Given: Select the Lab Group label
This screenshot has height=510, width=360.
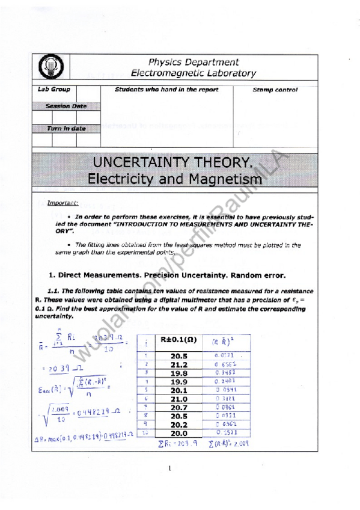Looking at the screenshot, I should click(54, 90).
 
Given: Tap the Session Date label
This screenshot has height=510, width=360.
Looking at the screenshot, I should click(66, 106).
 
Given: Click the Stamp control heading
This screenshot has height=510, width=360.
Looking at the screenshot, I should click(275, 90).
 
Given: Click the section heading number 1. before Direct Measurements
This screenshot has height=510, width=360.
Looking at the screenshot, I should click(51, 275).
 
